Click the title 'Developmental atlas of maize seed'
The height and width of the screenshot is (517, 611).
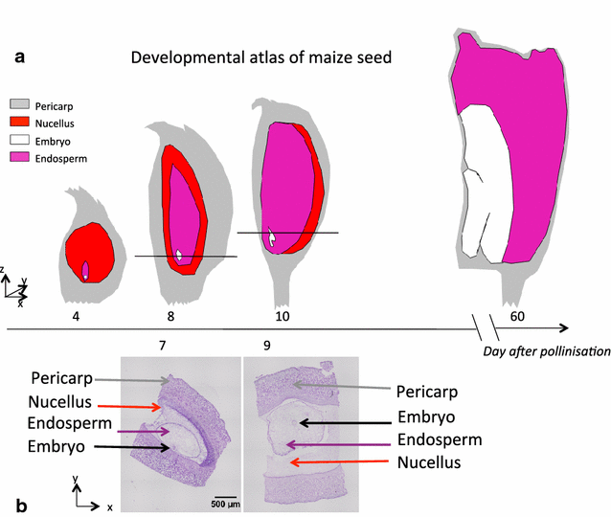261,58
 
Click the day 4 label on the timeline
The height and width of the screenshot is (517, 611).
87,313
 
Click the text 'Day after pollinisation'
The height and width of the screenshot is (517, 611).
546,351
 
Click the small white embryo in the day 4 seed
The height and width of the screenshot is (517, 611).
86,271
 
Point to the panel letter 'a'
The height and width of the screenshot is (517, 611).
19,56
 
